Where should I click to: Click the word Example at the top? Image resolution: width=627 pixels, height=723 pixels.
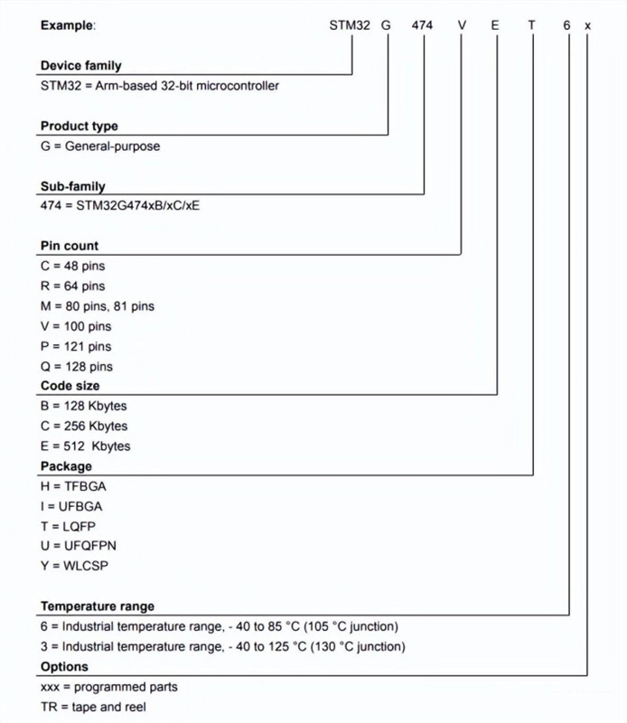coord(67,25)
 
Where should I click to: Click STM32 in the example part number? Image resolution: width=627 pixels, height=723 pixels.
coord(350,25)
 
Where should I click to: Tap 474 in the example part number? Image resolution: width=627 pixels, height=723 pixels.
coord(425,25)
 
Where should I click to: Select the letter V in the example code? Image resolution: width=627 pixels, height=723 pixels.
coord(461,25)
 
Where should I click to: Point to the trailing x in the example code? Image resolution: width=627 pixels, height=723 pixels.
coord(587,25)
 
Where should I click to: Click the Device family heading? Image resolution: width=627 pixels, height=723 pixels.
coord(81,66)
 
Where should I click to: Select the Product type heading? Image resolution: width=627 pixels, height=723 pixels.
coord(80,126)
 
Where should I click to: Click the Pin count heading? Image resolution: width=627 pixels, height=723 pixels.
coord(70,245)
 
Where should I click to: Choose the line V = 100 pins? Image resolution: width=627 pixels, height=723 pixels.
coord(77,325)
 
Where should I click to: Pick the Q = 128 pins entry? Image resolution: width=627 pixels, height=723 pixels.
coord(77,366)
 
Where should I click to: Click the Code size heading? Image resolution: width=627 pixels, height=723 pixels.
coord(69,386)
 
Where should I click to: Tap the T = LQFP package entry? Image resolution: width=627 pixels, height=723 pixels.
coord(68,526)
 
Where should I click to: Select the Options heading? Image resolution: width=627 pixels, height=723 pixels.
coord(64,666)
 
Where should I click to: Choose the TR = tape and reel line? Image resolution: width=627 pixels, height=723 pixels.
coord(93,706)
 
